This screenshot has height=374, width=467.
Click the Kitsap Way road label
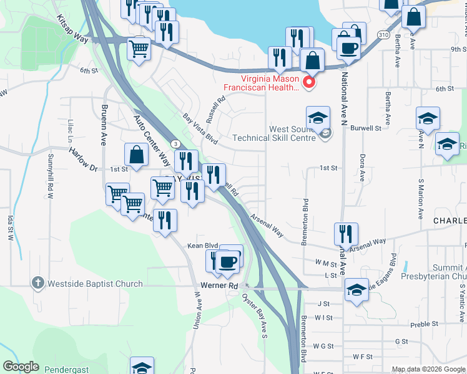click(72, 29)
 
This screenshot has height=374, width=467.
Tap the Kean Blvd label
click(202, 246)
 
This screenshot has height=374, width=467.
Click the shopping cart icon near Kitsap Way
click(139, 48)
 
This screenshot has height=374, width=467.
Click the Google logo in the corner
click(21, 367)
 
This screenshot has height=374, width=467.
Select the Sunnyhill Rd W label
click(50, 176)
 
